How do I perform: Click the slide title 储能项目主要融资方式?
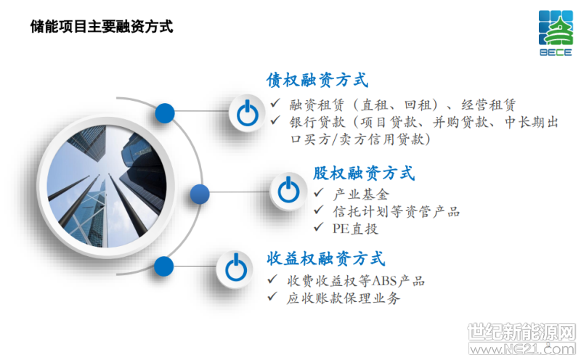pyautogui.click(x=102, y=27)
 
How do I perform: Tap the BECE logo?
pyautogui.click(x=556, y=33)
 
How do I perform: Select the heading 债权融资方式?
pyautogui.click(x=317, y=80)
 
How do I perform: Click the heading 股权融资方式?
pyautogui.click(x=364, y=173)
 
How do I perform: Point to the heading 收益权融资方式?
pyautogui.click(x=325, y=258)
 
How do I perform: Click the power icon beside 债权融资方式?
pyautogui.click(x=247, y=112)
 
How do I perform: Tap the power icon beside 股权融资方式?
pyautogui.click(x=288, y=191)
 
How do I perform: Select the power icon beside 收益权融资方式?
pyautogui.click(x=235, y=268)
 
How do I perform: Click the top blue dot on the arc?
pyautogui.click(x=165, y=113)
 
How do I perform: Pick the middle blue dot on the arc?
pyautogui.click(x=200, y=194)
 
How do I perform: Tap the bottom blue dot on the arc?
pyautogui.click(x=163, y=266)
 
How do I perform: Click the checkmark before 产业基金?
pyautogui.click(x=319, y=192)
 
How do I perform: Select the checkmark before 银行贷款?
pyautogui.click(x=275, y=120)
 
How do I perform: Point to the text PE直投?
pyautogui.click(x=355, y=229)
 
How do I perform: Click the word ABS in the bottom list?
pyautogui.click(x=383, y=281)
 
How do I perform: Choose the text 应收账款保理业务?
pyautogui.click(x=344, y=298)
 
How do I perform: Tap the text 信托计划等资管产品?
pyautogui.click(x=397, y=212)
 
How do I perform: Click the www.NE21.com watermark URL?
pyautogui.click(x=522, y=349)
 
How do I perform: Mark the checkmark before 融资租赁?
pyautogui.click(x=275, y=103)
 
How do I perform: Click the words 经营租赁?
pyautogui.click(x=488, y=105)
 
